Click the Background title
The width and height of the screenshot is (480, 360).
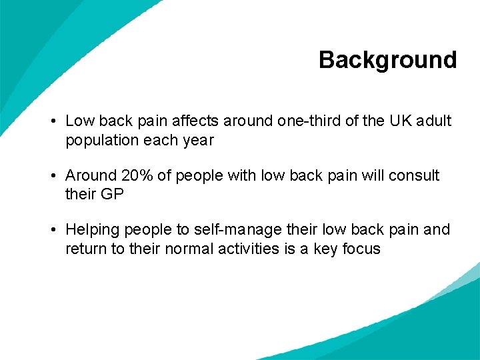coord(387,60)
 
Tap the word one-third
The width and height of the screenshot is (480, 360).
coord(307,121)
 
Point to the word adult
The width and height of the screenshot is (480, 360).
coord(433,121)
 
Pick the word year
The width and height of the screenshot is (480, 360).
coord(198,141)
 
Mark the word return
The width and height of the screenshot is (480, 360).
coord(85,249)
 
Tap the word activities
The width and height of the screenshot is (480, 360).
coord(247,249)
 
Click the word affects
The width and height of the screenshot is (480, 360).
coord(197,121)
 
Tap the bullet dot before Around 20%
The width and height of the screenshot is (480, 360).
coord(52,176)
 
